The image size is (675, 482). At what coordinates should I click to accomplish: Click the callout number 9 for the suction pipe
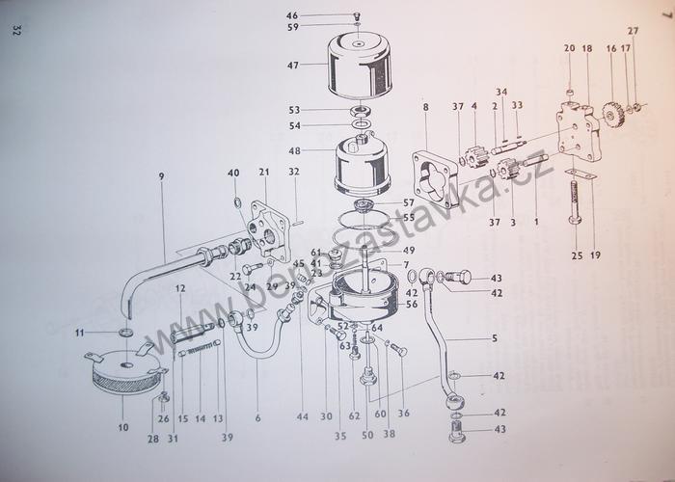163,176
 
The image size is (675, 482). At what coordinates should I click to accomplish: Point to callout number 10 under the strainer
121,426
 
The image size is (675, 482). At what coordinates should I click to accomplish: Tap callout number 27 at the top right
634,30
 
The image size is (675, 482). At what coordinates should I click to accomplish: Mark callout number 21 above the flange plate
261,172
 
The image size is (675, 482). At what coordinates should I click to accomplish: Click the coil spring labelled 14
200,356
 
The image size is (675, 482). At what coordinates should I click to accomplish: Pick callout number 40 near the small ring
233,173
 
